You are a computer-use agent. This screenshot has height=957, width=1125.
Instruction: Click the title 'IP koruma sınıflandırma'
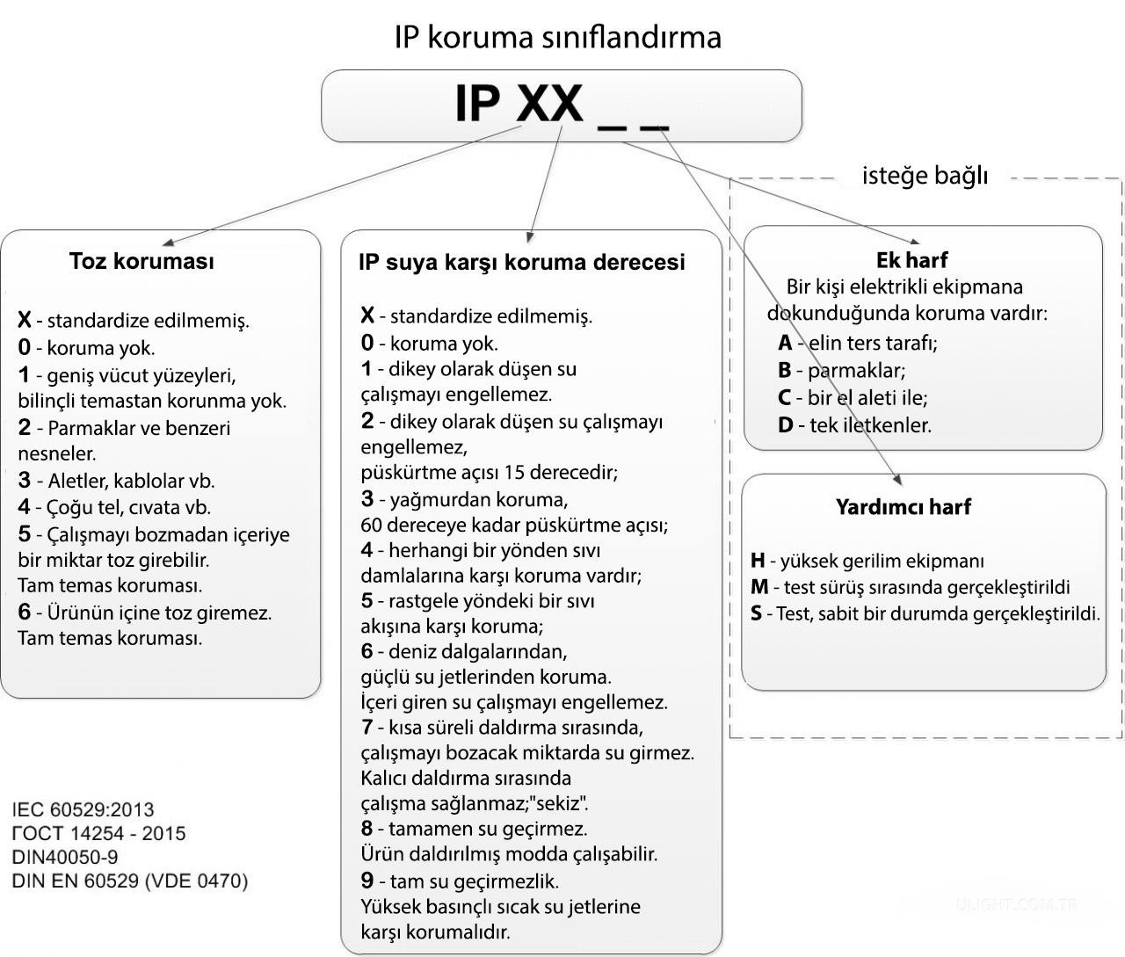click(x=558, y=38)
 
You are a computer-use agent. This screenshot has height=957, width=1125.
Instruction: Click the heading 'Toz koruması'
click(x=142, y=261)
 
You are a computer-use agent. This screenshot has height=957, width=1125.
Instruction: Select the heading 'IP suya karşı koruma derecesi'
click(x=521, y=262)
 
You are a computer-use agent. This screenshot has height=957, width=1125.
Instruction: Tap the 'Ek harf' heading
click(x=911, y=260)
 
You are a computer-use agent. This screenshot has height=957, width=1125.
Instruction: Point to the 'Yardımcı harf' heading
click(x=904, y=506)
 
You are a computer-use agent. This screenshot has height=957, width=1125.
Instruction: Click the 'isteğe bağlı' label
click(x=925, y=176)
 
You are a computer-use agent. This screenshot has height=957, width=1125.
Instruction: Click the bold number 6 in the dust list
click(x=24, y=612)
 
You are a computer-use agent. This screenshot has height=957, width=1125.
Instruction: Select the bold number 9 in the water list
click(x=367, y=881)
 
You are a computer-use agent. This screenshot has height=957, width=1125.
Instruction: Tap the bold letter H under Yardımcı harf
click(x=758, y=560)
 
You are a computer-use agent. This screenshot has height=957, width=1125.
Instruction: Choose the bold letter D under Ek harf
click(x=785, y=425)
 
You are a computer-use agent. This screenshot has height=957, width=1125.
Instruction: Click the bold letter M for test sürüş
click(x=759, y=586)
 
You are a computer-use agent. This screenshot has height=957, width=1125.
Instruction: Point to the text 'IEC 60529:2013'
click(x=83, y=810)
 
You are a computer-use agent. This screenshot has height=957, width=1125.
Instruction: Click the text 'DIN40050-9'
click(x=65, y=858)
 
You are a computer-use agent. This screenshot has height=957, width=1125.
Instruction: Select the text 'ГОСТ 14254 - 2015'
click(x=98, y=833)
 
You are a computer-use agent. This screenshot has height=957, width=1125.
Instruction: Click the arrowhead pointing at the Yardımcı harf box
click(x=898, y=479)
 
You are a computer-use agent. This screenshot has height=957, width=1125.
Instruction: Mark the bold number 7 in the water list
click(x=367, y=727)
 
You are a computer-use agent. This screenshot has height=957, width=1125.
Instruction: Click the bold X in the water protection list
click(x=368, y=315)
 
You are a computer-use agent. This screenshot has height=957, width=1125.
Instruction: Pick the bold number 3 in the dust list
click(x=24, y=480)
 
